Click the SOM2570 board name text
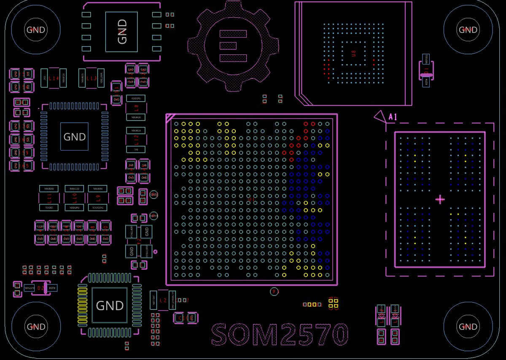280,334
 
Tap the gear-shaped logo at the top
233,46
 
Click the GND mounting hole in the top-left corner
36,30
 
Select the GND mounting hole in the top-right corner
468,30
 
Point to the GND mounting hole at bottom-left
36,327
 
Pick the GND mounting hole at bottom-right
468,327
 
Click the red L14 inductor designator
54,78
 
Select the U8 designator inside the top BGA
354,54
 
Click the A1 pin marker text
393,117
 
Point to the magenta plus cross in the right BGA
440,199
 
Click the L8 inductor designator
136,107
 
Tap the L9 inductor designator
98,197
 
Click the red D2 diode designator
40,288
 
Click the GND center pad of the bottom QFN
110,305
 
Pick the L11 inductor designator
49,197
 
